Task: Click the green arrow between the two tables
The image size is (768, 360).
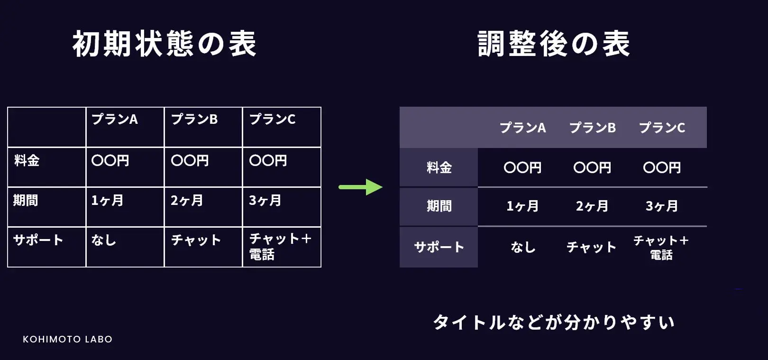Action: pyautogui.click(x=360, y=187)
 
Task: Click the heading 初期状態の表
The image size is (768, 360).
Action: pyautogui.click(x=164, y=44)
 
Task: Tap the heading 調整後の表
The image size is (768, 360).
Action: pyautogui.click(x=553, y=44)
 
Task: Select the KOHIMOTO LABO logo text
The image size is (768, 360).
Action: pyautogui.click(x=67, y=339)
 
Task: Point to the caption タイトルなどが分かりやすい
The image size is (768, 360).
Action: pyautogui.click(x=553, y=323)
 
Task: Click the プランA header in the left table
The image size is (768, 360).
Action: pyautogui.click(x=115, y=119)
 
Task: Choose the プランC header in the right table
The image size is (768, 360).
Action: pyautogui.click(x=662, y=128)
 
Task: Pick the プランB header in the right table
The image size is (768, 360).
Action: pyautogui.click(x=592, y=128)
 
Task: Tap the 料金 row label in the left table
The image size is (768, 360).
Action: pyautogui.click(x=27, y=160)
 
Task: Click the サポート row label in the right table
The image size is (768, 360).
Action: pyautogui.click(x=439, y=247)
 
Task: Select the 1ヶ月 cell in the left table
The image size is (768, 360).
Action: pyautogui.click(x=107, y=200)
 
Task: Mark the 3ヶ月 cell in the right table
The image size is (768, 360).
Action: pyautogui.click(x=662, y=206)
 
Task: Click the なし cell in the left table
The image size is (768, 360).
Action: pyautogui.click(x=104, y=240)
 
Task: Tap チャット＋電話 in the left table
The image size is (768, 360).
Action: pyautogui.click(x=280, y=247)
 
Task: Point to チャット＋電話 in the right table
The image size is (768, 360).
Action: pyautogui.click(x=661, y=248)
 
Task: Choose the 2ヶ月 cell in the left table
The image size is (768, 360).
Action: pyautogui.click(x=187, y=200)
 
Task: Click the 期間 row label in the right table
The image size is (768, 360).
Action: pyautogui.click(x=439, y=206)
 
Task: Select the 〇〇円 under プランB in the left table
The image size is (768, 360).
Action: pyautogui.click(x=190, y=160)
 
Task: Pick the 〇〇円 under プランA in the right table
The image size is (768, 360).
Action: pyautogui.click(x=522, y=167)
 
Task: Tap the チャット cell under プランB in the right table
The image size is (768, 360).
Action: pyautogui.click(x=592, y=247)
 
